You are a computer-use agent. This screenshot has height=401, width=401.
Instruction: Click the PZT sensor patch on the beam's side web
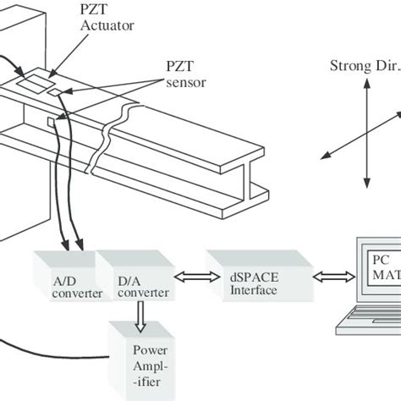tap(53, 123)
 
